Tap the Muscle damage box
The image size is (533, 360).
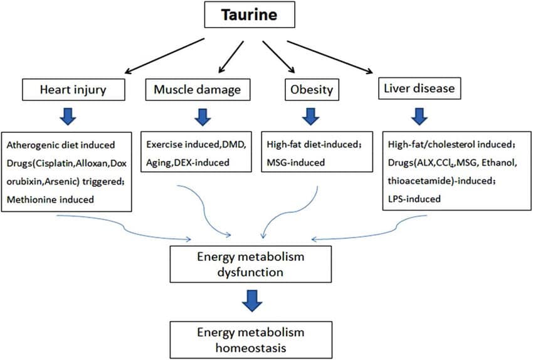coord(196,90)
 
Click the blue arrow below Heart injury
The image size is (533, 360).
coord(69,116)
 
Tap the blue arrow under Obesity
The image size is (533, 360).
coord(309,116)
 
